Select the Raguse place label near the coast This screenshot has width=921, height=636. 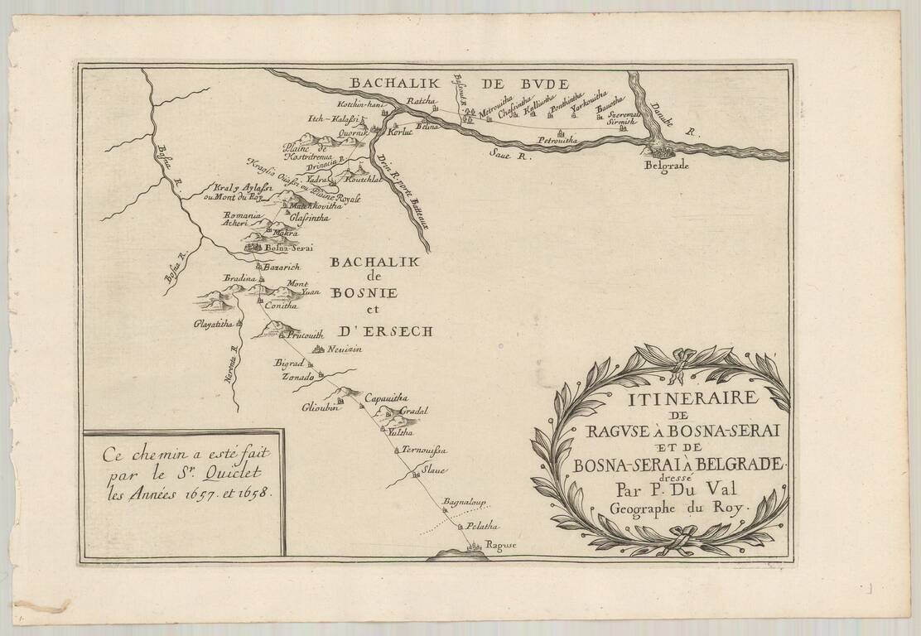500,544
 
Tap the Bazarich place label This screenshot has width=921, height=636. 281,267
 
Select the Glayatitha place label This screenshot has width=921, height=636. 213,324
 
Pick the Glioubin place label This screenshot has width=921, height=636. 319,407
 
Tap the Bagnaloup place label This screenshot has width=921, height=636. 463,503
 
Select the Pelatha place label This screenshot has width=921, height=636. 481,525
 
